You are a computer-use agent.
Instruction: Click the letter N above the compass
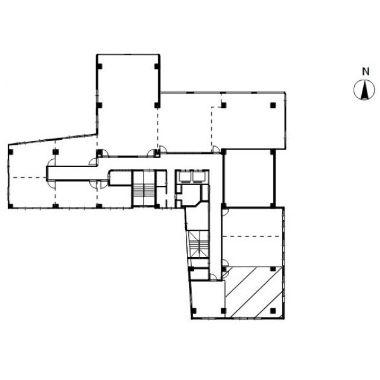pyautogui.click(x=366, y=72)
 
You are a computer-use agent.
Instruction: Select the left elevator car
pyautogui.click(x=185, y=177)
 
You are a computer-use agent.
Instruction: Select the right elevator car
pyautogui.click(x=199, y=177)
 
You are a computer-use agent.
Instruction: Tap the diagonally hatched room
pyautogui.click(x=253, y=292)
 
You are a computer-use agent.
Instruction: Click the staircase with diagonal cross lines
pyautogui.click(x=198, y=244)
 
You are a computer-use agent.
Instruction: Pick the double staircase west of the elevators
pyautogui.click(x=144, y=188)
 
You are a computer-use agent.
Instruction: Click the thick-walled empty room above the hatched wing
pyautogui.click(x=249, y=178)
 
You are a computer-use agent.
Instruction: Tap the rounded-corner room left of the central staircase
pyautogui.click(x=120, y=178)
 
